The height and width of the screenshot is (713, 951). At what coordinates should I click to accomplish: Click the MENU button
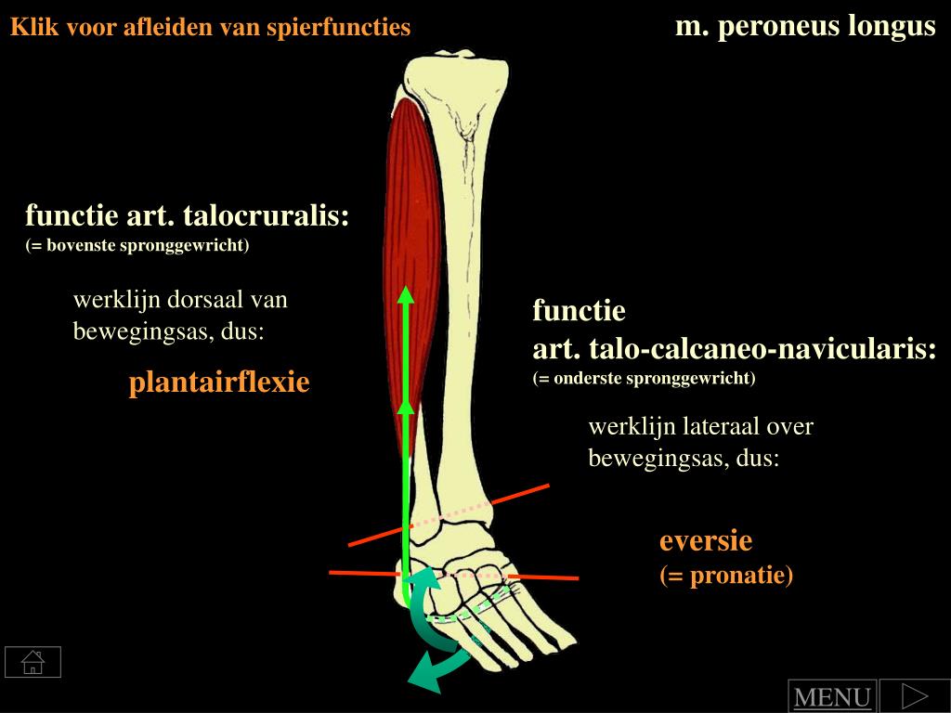pos(832,697)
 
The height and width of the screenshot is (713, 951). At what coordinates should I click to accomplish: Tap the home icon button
pos(33,662)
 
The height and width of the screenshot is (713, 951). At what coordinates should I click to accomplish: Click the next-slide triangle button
pos(915,695)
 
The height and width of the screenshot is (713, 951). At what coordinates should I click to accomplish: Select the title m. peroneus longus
pos(805,26)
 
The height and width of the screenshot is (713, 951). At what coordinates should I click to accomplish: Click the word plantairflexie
pos(219,382)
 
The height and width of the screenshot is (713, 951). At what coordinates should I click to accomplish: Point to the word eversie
pos(706,540)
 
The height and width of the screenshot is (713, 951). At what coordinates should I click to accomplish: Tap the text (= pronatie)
pos(726,576)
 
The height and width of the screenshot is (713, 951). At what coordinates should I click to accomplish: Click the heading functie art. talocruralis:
pos(188,216)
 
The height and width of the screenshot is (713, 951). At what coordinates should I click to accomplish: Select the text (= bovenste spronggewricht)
pos(137,245)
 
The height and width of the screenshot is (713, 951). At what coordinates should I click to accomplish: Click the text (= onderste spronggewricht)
pos(645,378)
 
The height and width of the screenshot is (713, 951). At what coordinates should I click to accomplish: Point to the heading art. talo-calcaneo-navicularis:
pos(734,349)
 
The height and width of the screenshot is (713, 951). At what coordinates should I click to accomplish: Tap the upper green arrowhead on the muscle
pos(405,296)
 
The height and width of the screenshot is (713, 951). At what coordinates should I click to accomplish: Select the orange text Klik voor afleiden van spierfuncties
pos(210,27)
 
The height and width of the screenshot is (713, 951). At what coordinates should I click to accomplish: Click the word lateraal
pos(723,427)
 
